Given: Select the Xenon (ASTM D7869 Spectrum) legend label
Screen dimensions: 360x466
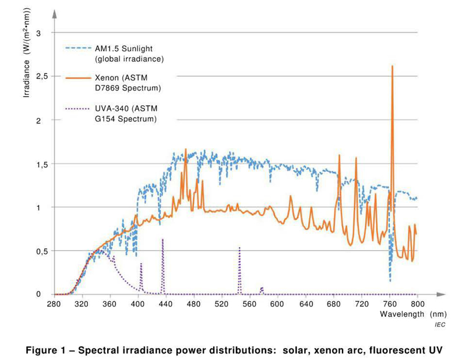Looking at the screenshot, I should tap(128, 83).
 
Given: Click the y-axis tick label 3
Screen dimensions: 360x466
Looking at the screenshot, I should tap(38, 33).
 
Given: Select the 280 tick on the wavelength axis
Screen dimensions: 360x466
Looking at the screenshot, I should tap(54, 304).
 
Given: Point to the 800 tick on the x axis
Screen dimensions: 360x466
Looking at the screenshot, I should tap(417, 304).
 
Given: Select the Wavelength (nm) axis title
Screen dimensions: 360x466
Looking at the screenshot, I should tap(406, 314).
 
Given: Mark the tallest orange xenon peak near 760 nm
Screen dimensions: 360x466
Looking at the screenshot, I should tap(392, 67).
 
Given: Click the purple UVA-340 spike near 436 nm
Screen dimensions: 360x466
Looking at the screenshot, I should tap(163, 240).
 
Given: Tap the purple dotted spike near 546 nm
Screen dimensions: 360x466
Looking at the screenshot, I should tap(239, 249).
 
